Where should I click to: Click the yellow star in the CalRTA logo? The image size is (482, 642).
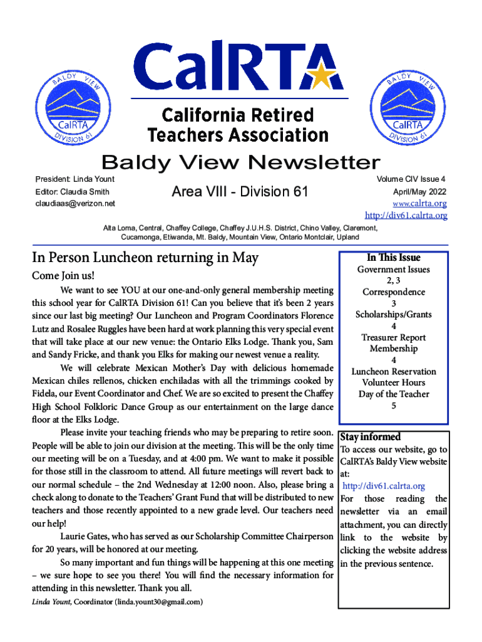click(x=322, y=76)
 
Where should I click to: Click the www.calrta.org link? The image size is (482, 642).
click(x=419, y=204)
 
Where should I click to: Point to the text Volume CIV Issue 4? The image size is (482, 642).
click(x=411, y=179)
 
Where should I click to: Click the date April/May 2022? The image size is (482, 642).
click(x=419, y=191)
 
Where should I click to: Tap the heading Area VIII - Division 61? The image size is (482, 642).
click(x=240, y=191)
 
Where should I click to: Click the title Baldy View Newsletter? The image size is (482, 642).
click(x=241, y=162)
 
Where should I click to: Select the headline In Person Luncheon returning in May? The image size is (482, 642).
click(x=145, y=258)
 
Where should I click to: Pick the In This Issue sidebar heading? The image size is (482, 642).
click(x=393, y=258)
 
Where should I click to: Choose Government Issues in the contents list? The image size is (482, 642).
click(x=393, y=270)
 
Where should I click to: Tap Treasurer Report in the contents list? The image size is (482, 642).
click(x=393, y=337)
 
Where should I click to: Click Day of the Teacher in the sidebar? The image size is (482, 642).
click(x=393, y=394)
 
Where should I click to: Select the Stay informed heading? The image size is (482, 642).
click(x=370, y=437)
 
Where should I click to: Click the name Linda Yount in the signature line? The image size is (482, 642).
click(x=51, y=602)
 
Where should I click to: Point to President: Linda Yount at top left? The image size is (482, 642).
click(x=74, y=179)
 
